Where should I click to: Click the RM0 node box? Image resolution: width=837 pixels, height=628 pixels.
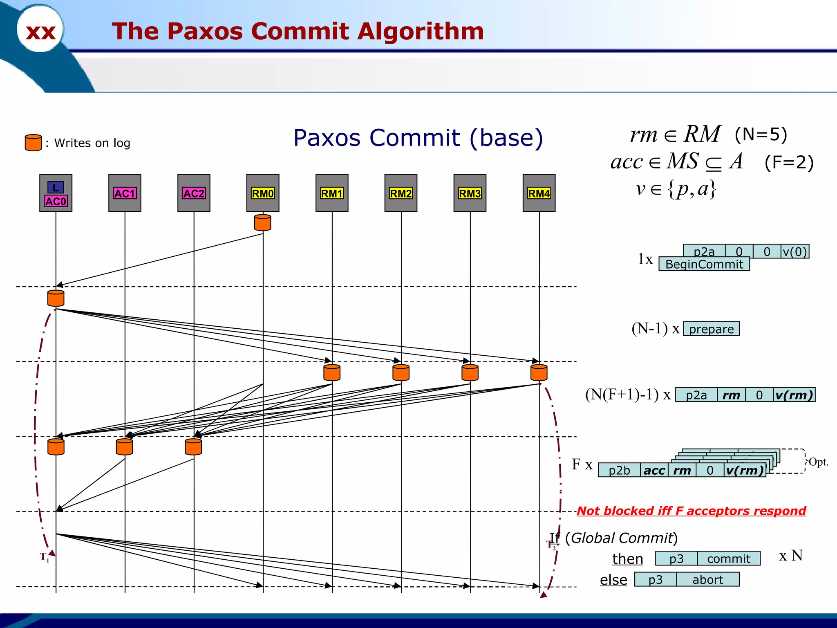tap(263, 193)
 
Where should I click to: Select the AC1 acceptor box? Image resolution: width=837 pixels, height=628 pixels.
tap(125, 193)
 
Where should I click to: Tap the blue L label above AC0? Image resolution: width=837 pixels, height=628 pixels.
tap(56, 187)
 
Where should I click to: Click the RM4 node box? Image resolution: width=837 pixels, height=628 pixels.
tap(539, 193)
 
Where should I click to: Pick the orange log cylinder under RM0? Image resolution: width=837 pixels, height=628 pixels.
tap(263, 222)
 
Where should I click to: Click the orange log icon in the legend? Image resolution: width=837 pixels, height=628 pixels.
tap(33, 143)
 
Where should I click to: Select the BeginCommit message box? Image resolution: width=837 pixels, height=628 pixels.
tap(704, 264)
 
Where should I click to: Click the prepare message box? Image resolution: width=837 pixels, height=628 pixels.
tap(711, 329)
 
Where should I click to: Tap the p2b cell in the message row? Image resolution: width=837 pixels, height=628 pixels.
tap(619, 470)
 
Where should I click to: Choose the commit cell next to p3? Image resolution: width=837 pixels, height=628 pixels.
tap(728, 558)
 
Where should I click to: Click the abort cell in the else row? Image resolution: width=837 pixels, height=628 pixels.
tap(707, 579)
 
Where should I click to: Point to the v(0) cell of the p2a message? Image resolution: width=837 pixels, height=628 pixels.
tap(794, 251)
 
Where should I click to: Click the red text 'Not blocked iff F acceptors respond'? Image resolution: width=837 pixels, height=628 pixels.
tap(691, 511)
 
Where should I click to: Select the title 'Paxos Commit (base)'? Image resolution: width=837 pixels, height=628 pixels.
tap(418, 138)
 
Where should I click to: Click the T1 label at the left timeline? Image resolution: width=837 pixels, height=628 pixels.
tap(44, 557)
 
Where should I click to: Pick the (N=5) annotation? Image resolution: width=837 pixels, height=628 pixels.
tap(761, 135)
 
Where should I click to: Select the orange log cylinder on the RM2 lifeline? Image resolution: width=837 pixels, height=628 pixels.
tap(401, 372)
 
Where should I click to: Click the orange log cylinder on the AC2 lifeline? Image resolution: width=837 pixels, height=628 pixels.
tap(193, 447)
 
